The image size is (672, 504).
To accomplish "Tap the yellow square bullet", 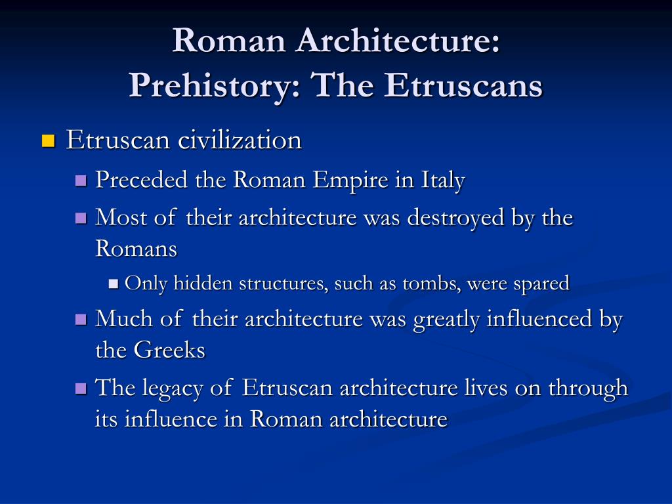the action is (49, 141).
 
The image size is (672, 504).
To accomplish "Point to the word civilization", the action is (240, 140).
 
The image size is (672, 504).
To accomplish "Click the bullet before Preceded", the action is (81, 180).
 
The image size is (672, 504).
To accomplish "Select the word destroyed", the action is (455, 217).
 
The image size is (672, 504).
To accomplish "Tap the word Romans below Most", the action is (136, 248).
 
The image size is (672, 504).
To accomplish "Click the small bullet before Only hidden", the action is (114, 283).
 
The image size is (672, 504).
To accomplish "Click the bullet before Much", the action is (81, 320).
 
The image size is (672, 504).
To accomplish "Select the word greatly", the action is (446, 320).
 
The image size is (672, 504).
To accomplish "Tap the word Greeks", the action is (169, 349).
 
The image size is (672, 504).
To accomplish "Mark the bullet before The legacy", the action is (81, 388).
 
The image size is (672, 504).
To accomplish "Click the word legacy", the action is (173, 388).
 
